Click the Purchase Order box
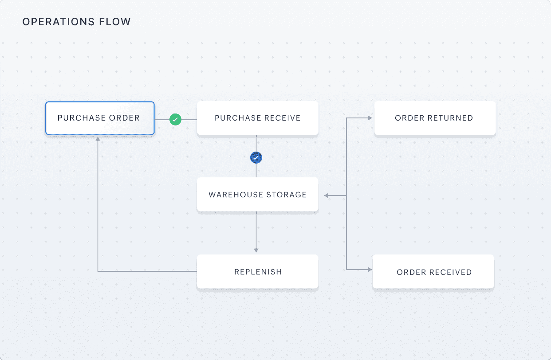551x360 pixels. [100, 118]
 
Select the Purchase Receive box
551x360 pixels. [257, 118]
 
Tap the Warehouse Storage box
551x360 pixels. [257, 195]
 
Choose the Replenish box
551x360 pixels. [257, 272]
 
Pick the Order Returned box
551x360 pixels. [434, 118]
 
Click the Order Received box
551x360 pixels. [433, 272]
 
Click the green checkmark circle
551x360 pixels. [175, 119]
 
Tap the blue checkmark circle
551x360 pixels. [256, 157]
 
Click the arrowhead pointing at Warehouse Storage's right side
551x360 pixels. [326, 195]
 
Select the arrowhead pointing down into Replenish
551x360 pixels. [256, 250]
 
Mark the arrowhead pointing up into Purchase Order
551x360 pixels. [98, 139]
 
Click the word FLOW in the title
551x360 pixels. [118, 22]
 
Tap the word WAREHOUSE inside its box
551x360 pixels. [236, 195]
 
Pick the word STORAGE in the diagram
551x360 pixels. [286, 195]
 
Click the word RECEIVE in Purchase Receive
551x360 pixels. [282, 118]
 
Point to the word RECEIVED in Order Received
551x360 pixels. [449, 272]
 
